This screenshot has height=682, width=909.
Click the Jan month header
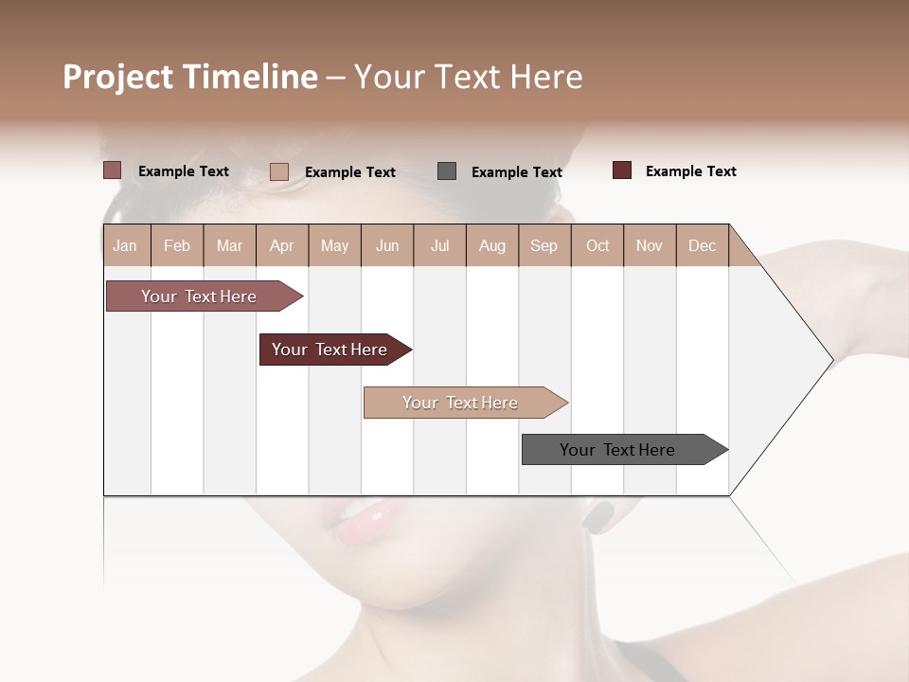point(125,246)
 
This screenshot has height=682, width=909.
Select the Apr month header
point(282,246)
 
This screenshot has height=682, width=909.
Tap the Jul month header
point(440,246)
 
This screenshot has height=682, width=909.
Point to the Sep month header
point(544,246)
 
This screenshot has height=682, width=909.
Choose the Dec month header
point(703,246)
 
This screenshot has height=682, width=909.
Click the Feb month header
point(177,246)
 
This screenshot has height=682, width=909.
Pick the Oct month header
point(597,246)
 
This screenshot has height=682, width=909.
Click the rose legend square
point(113,170)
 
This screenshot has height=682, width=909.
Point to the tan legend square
point(279,171)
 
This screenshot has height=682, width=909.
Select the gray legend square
point(447,171)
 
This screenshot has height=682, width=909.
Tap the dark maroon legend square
point(622,170)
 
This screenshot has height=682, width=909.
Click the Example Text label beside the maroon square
point(690,171)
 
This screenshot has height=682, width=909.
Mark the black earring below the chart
point(597,516)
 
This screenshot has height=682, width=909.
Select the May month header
point(334,246)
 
